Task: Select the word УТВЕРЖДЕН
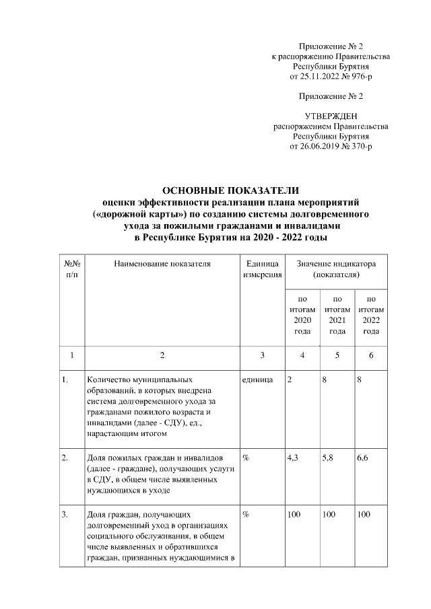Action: pos(330,116)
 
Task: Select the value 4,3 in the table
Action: pos(293,458)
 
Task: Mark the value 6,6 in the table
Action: pos(364,458)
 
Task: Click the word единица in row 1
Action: pos(256,380)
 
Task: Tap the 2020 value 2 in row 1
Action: pos(289,380)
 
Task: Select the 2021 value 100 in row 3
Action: pos(329,515)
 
